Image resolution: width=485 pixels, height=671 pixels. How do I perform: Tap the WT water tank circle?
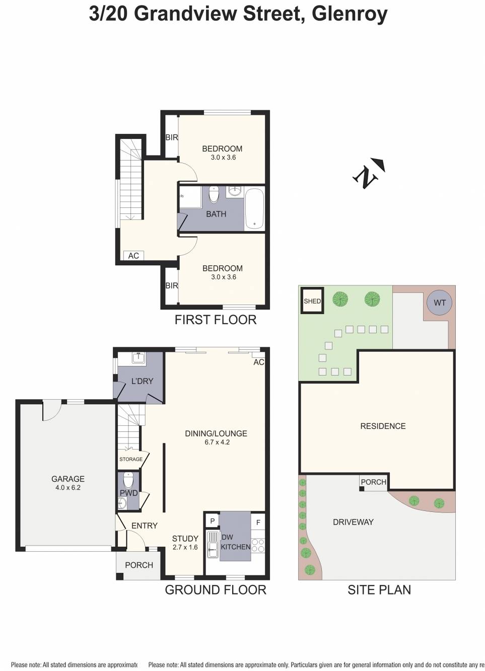(439, 303)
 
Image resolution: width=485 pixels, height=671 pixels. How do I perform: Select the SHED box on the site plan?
(312, 301)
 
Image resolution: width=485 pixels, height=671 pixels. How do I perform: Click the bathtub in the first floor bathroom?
(254, 208)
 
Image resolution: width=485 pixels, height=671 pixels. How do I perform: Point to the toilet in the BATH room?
(214, 194)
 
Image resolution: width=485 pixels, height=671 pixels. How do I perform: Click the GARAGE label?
(68, 479)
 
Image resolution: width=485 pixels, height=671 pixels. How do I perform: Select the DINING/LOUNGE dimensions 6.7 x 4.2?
(217, 442)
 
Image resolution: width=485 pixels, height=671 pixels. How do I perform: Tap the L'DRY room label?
(142, 381)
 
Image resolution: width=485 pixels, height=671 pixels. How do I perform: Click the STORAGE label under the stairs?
(131, 459)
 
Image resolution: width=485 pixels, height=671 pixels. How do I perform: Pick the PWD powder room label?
(128, 493)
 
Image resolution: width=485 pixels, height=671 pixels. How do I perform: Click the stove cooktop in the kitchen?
(257, 546)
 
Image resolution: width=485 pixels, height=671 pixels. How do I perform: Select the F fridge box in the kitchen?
(258, 523)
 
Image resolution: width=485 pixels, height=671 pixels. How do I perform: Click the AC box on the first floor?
(133, 256)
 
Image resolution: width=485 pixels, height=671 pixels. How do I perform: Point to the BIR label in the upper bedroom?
(172, 137)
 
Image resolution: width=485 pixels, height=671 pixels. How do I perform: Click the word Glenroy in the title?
(350, 14)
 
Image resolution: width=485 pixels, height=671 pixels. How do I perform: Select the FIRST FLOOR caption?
(215, 320)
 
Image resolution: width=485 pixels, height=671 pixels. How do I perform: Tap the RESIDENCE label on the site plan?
(383, 426)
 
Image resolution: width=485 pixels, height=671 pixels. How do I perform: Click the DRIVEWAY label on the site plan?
(353, 522)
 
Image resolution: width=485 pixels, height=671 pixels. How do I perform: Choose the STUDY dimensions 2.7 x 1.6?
(185, 547)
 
